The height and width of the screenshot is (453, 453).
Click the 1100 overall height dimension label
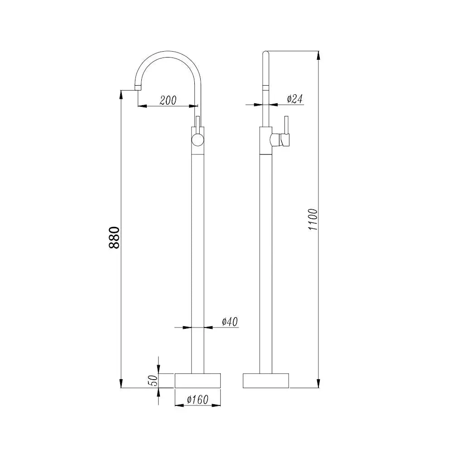(312, 220)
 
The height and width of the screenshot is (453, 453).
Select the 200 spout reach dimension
(168, 101)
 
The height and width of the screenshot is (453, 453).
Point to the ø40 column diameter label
(230, 322)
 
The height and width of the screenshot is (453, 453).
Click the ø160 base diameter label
(197, 400)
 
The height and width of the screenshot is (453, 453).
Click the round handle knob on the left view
(198, 140)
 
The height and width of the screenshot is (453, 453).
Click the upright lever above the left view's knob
(198, 123)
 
